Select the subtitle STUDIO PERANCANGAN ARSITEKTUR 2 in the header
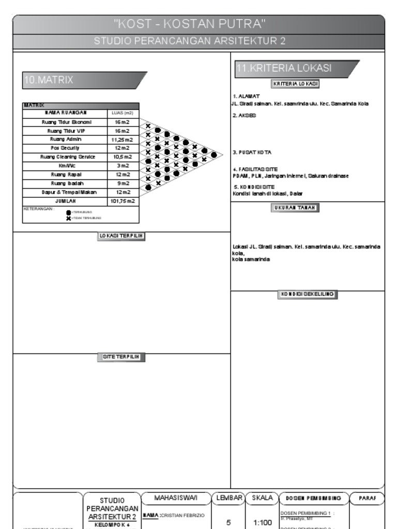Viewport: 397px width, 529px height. [x=190, y=41]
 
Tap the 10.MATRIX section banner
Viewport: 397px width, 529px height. [x=49, y=80]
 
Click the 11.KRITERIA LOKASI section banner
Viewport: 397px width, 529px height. [x=284, y=68]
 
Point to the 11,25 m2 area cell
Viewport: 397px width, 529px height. [x=122, y=139]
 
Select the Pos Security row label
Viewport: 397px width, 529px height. [x=65, y=148]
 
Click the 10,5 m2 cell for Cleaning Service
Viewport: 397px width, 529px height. [x=122, y=157]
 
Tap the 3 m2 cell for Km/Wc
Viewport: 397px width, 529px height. [x=122, y=166]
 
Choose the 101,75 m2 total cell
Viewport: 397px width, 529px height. [x=122, y=201]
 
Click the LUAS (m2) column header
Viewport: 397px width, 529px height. [x=123, y=113]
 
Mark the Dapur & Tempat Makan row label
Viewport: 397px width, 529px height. [x=65, y=192]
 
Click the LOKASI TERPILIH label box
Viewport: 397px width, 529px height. [x=121, y=236]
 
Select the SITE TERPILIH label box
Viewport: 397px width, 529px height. [x=121, y=357]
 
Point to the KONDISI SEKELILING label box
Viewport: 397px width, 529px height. [x=307, y=294]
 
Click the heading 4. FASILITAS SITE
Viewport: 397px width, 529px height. [x=255, y=169]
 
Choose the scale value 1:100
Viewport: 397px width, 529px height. [x=263, y=523]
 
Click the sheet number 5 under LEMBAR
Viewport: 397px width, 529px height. [x=228, y=523]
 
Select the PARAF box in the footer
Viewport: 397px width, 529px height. [x=367, y=499]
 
